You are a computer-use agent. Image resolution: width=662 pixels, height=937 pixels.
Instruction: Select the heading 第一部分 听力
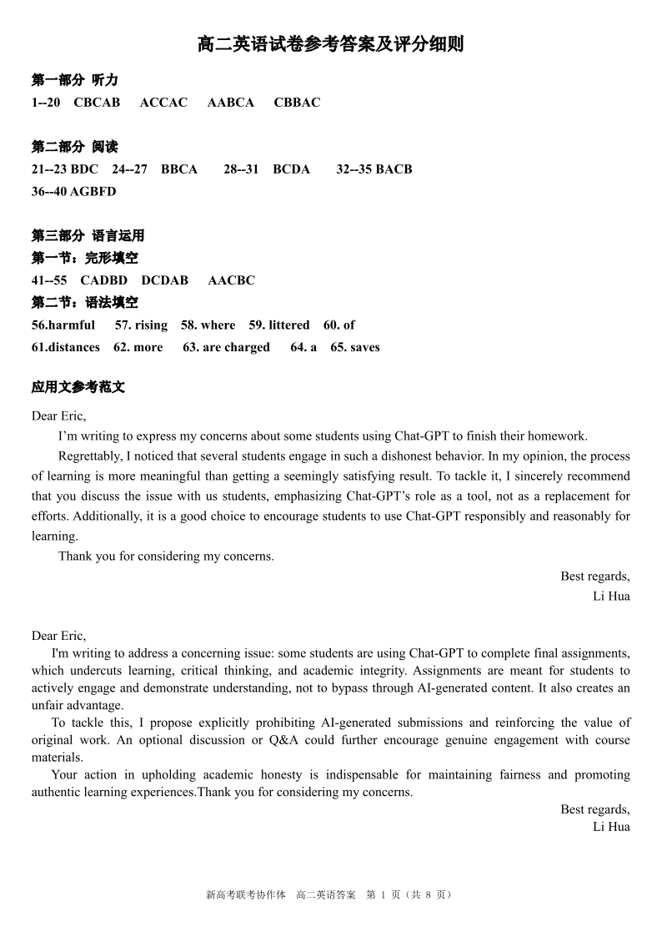click(75, 80)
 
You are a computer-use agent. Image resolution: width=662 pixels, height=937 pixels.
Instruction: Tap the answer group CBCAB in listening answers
click(97, 103)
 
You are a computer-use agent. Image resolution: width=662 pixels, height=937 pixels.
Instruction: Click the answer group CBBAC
click(297, 103)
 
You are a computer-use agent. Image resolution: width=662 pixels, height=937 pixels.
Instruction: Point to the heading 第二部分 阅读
click(75, 147)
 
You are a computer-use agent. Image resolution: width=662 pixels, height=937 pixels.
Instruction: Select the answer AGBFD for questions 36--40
click(93, 191)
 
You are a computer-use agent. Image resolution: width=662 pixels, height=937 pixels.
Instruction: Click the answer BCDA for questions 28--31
click(291, 169)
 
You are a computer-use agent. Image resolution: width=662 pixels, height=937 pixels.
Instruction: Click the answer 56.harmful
click(63, 325)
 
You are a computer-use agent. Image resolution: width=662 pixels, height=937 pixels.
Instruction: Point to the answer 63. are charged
click(226, 347)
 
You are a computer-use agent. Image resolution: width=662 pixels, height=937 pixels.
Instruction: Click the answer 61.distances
click(66, 347)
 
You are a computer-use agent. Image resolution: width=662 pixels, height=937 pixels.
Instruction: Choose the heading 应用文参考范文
click(78, 387)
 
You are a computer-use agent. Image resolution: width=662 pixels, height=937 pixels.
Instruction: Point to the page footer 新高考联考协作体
click(245, 894)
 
